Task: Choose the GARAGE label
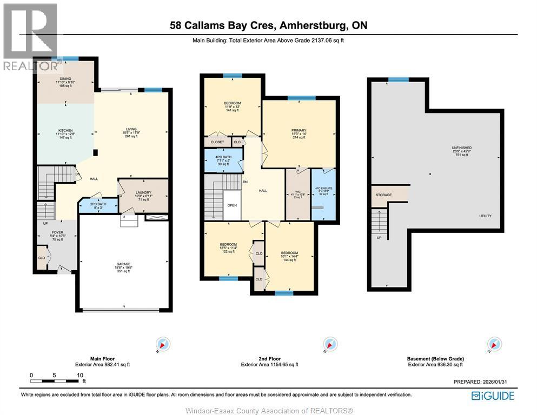(x=124, y=264)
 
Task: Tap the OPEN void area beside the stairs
(x=232, y=205)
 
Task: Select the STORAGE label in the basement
(x=383, y=195)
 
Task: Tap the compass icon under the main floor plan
(x=163, y=344)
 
